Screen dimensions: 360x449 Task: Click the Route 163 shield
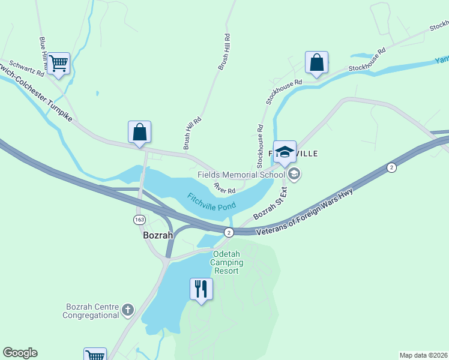[139, 220]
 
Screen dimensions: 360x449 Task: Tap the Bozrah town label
[158, 236]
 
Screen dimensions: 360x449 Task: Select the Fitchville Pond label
[211, 202]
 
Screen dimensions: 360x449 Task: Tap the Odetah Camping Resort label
[227, 262]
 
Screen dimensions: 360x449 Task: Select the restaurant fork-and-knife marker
[201, 289]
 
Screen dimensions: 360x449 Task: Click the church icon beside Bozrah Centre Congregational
[127, 310]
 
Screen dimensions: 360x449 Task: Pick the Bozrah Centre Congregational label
[92, 311]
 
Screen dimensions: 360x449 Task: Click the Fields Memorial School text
[241, 175]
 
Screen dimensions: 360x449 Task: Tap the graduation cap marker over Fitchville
[285, 151]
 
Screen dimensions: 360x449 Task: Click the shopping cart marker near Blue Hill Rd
[58, 63]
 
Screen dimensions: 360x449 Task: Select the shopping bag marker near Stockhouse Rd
[316, 62]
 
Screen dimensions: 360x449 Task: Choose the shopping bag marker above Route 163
[139, 131]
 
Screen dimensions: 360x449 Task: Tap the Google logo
[20, 353]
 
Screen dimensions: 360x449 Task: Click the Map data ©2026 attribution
[423, 355]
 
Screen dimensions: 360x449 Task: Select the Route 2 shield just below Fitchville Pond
[228, 232]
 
